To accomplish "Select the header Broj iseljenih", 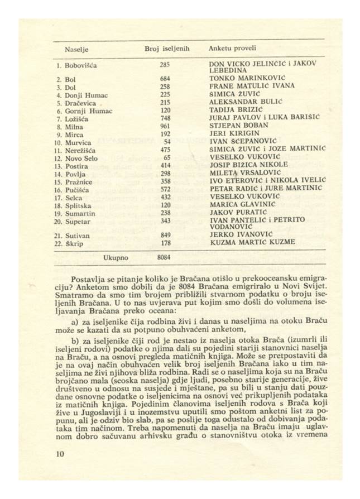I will pyautogui.click(x=167, y=49).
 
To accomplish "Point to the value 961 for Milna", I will pyautogui.click(x=164, y=127).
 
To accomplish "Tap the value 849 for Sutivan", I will pyautogui.click(x=164, y=236).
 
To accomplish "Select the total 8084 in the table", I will pyautogui.click(x=164, y=257).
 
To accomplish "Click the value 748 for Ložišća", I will pyautogui.click(x=164, y=119).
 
